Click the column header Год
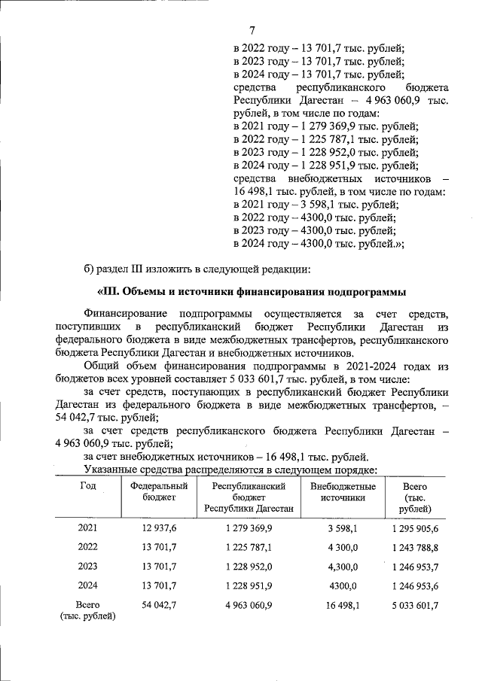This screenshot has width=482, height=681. coord(88,486)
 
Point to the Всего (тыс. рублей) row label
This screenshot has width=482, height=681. coord(88,610)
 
